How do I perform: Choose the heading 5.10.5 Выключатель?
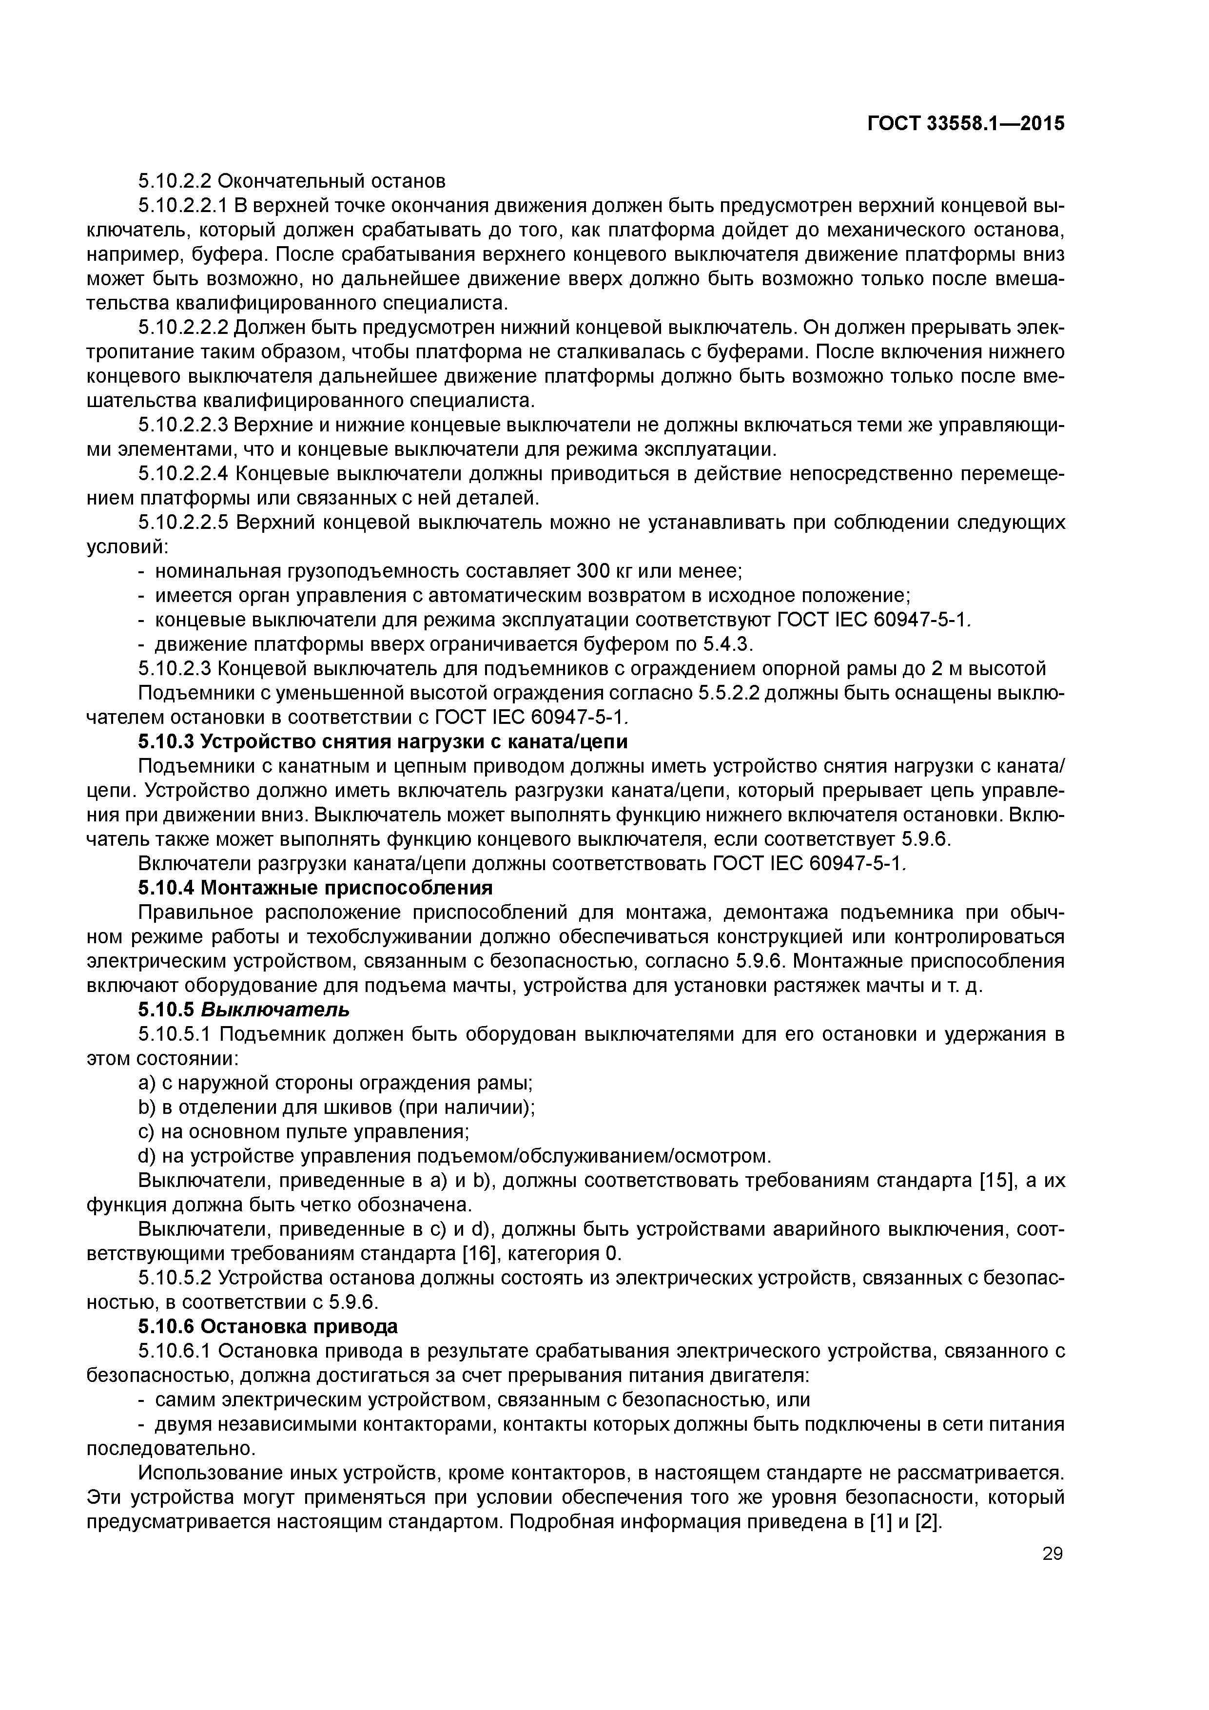click(x=244, y=1010)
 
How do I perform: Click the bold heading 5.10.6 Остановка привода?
click(x=268, y=1326)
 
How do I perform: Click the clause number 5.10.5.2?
click(x=176, y=1278)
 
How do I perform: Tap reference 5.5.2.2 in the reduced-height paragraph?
click(x=728, y=693)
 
